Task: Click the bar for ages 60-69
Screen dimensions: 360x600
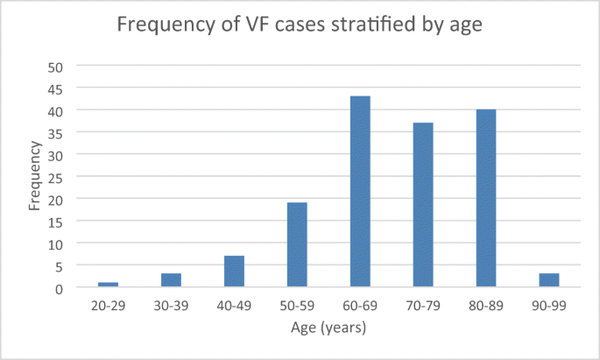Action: point(360,191)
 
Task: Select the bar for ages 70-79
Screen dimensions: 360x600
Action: point(423,204)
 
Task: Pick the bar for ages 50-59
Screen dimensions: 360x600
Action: point(297,244)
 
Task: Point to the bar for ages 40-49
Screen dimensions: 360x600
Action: point(234,271)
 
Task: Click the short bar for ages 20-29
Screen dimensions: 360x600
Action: point(108,284)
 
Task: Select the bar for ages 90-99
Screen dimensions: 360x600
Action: point(549,279)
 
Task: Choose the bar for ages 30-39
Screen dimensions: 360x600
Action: point(171,279)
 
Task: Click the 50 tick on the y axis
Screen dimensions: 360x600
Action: point(56,67)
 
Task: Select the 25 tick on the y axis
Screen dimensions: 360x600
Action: point(56,177)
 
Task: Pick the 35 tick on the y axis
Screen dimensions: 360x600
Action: point(56,133)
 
